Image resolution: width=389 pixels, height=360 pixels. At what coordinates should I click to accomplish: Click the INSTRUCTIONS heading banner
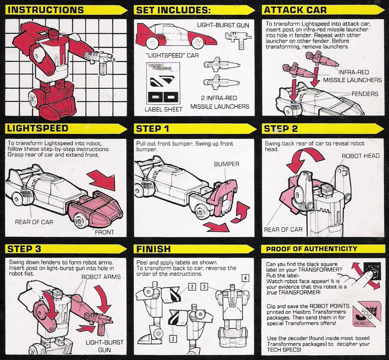(47, 10)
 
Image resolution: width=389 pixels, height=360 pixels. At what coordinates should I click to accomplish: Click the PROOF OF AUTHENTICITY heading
(311, 248)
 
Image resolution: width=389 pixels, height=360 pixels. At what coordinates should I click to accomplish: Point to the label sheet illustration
(164, 84)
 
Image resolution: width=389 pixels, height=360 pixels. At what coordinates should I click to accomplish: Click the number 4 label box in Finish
(245, 278)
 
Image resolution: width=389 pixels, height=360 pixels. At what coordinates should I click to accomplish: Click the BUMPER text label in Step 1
(226, 164)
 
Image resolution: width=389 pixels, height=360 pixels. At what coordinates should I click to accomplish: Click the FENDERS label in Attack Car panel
(364, 94)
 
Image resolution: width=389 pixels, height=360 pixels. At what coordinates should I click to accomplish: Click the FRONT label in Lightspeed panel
(105, 232)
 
